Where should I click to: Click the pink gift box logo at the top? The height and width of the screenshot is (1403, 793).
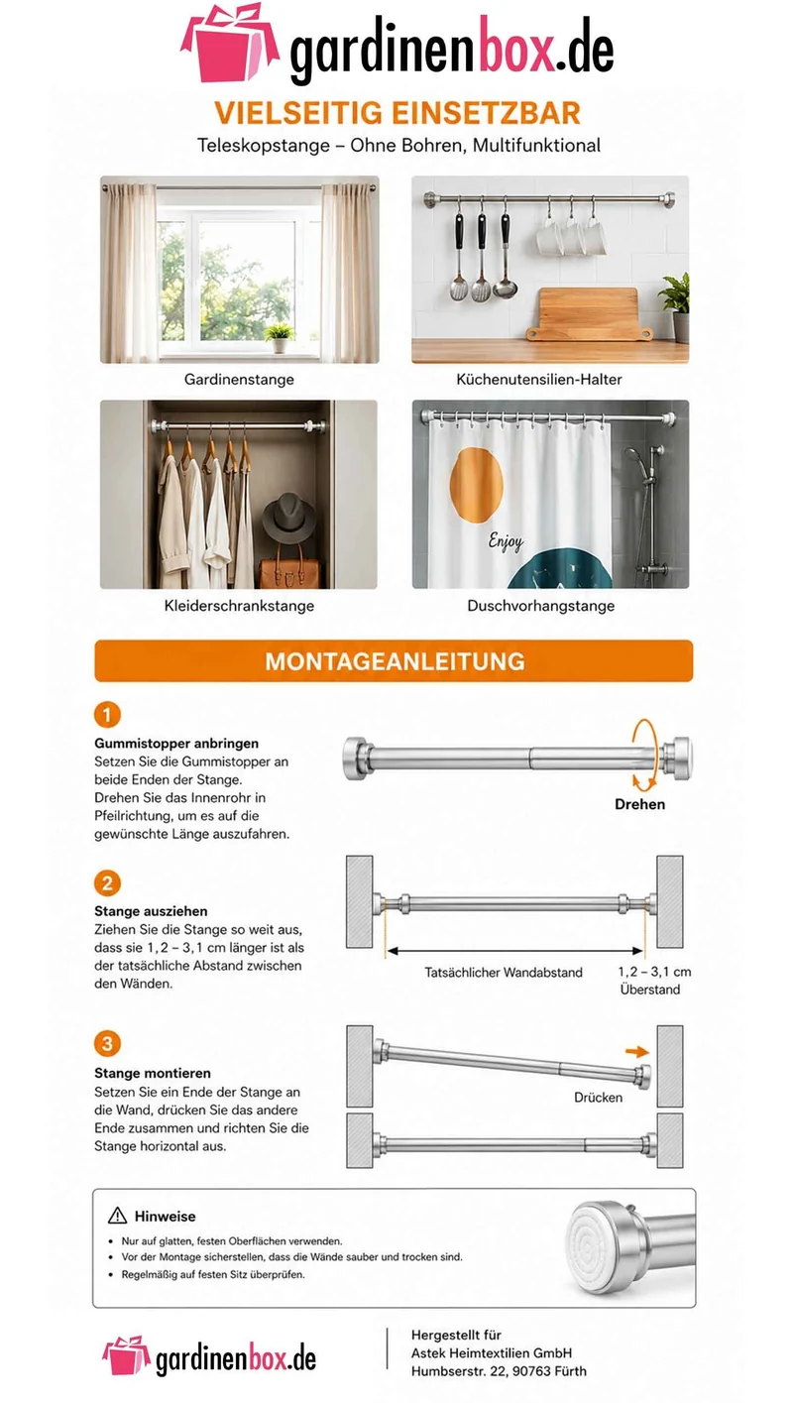[229, 43]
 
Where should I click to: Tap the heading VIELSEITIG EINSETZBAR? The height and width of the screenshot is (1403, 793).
[397, 113]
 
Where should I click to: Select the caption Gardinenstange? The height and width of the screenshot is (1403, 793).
[239, 379]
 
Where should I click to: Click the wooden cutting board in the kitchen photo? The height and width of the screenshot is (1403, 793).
[586, 313]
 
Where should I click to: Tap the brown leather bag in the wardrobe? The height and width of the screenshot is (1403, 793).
[288, 568]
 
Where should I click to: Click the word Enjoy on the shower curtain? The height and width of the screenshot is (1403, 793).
[506, 541]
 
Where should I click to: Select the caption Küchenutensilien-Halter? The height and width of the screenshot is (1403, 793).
[538, 379]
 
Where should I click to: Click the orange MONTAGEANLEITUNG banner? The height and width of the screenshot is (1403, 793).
[394, 660]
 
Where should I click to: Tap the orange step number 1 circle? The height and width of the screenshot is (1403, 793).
[107, 714]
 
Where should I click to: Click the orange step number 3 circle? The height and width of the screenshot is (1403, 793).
[107, 1043]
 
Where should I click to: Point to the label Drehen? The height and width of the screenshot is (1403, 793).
[639, 804]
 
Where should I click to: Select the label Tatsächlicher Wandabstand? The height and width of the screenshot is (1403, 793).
[504, 972]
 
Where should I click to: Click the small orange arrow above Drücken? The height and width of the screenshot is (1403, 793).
[637, 1052]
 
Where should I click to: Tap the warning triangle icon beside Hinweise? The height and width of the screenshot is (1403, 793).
[117, 1216]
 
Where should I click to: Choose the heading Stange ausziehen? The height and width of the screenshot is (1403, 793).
[151, 911]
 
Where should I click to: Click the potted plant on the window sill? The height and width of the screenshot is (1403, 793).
[280, 337]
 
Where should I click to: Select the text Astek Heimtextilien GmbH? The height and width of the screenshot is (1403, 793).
[491, 1352]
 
